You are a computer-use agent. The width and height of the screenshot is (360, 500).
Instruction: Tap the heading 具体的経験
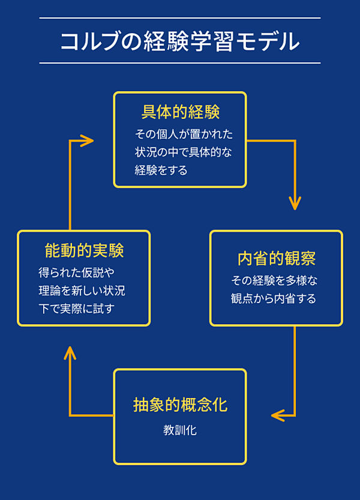click(x=180, y=112)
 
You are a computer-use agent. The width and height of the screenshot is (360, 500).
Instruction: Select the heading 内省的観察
click(x=277, y=259)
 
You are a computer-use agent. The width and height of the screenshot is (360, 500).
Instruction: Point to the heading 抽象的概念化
click(x=180, y=405)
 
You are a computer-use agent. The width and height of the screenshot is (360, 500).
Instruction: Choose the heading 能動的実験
click(x=83, y=250)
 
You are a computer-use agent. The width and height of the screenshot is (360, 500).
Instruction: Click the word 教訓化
click(x=180, y=430)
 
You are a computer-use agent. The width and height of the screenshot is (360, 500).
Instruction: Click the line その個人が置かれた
click(x=184, y=134)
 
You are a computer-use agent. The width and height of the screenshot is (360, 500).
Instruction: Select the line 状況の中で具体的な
click(x=183, y=152)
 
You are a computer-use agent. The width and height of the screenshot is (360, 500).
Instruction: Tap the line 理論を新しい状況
click(x=82, y=291)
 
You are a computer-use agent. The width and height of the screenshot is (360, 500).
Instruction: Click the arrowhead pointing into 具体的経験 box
click(x=88, y=141)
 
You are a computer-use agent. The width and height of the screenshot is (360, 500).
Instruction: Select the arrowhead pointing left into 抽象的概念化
click(x=278, y=415)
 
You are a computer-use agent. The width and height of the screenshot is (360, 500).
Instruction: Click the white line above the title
click(x=180, y=18)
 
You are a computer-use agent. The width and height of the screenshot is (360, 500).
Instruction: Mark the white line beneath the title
click(x=180, y=63)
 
